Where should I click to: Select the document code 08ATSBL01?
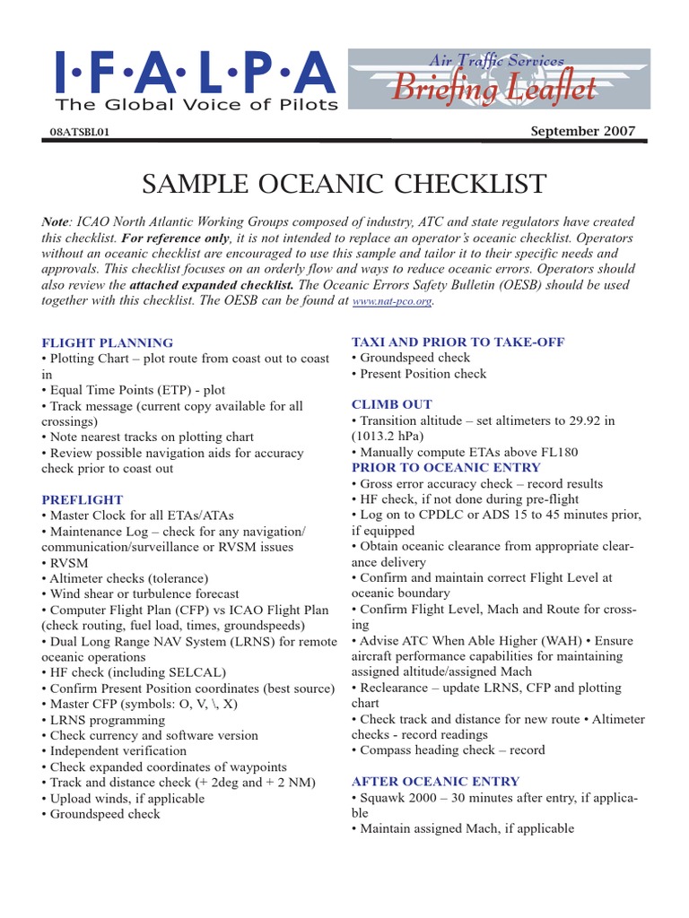pyautogui.click(x=82, y=132)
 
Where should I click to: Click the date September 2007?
pyautogui.click(x=582, y=131)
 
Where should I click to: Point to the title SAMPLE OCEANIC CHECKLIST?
pyautogui.click(x=344, y=184)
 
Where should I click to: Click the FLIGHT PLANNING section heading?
pyautogui.click(x=107, y=342)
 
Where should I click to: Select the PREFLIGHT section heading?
pyautogui.click(x=82, y=499)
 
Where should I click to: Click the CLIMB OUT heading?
pyautogui.click(x=391, y=404)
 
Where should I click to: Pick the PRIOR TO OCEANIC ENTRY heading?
pyautogui.click(x=446, y=467)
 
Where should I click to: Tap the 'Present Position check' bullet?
pyautogui.click(x=423, y=374)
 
